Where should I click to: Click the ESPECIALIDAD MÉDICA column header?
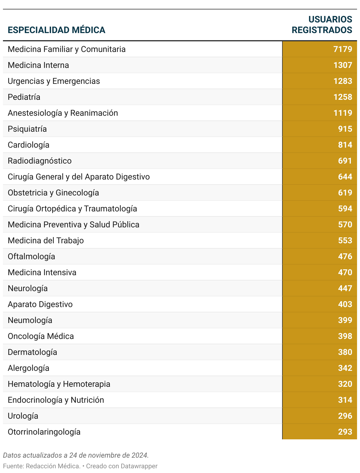click(56, 30)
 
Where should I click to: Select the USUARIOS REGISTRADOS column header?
click(322, 25)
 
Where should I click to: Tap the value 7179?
click(343, 49)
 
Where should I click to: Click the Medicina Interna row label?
click(38, 65)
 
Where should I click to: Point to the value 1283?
click(343, 81)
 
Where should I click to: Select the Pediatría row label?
click(24, 97)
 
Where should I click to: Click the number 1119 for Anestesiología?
click(343, 113)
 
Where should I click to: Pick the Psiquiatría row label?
click(27, 129)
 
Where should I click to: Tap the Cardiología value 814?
click(345, 145)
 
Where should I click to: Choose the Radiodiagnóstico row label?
click(40, 161)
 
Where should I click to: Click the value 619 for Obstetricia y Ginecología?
click(345, 193)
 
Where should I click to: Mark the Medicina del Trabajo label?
click(46, 240)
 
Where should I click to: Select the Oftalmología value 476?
click(345, 256)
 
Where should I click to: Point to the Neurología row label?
click(28, 288)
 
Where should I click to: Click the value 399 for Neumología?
click(345, 320)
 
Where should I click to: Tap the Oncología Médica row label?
click(41, 336)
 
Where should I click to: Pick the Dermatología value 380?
click(345, 352)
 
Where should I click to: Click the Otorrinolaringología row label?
click(44, 432)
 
